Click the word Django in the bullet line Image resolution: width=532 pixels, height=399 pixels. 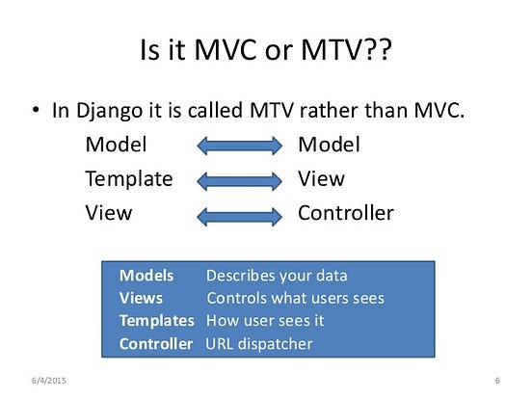pos(109,111)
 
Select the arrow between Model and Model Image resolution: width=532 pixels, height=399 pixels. pos(240,146)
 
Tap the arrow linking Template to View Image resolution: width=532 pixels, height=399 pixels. pos(240,181)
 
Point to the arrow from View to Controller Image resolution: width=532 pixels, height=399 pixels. pos(240,217)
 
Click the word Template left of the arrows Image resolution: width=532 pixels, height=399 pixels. pos(129,179)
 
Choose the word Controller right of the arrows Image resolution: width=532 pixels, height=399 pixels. pos(346,213)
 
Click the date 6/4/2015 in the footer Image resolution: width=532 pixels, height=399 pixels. pos(49,381)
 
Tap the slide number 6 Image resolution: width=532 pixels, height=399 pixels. pos(497,381)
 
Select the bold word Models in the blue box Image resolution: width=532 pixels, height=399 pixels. pos(146,276)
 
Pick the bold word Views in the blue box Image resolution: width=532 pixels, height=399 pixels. pos(141,298)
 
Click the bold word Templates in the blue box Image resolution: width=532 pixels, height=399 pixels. pos(156,321)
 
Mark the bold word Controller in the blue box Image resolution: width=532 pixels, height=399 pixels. pos(156,344)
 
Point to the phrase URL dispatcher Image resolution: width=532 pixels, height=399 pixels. pos(259,344)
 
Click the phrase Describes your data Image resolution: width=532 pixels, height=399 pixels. pos(277,276)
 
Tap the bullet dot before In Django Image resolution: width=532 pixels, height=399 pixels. pos(36,110)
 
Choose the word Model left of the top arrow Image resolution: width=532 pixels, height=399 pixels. pos(116,145)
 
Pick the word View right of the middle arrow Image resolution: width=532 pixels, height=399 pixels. pos(321,178)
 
